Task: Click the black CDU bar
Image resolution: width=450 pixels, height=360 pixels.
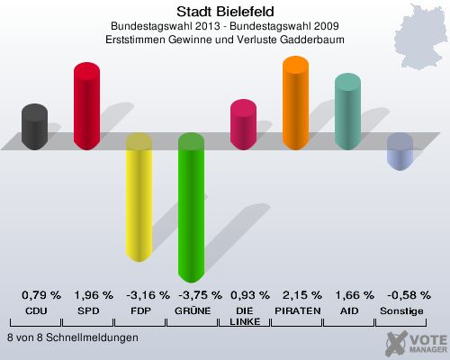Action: click(34, 127)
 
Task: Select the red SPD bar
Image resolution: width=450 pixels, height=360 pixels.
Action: click(86, 106)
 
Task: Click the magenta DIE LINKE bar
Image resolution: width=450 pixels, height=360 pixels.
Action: click(243, 124)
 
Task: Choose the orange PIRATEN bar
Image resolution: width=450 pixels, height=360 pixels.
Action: click(295, 103)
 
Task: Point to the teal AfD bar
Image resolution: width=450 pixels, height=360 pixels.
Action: click(347, 112)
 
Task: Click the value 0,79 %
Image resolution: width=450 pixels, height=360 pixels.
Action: click(41, 295)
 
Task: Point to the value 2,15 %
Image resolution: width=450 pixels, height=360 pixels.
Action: click(301, 295)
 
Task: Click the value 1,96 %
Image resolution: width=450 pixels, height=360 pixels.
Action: click(94, 295)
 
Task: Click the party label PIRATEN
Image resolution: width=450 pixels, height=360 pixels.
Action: click(296, 310)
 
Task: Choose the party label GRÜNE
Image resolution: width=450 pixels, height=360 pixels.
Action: click(192, 310)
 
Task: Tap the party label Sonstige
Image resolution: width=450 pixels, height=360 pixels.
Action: click(400, 310)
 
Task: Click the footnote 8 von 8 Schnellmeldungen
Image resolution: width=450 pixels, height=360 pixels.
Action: click(72, 337)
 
